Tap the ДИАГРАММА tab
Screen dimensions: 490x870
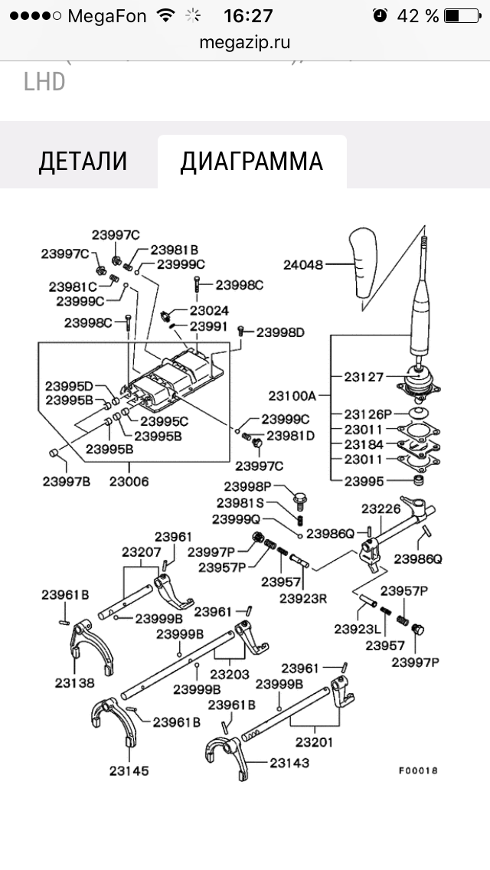(x=251, y=162)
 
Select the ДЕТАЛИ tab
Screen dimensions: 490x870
(x=83, y=162)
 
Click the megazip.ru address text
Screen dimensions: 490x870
(x=245, y=42)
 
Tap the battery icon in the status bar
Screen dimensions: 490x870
(x=462, y=15)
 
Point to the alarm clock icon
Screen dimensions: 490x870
(x=380, y=15)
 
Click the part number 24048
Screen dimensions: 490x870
(x=303, y=265)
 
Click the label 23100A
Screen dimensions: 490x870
(x=292, y=396)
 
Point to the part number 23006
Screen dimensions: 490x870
(x=129, y=482)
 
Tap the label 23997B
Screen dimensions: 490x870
(x=66, y=482)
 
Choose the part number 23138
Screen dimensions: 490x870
(x=74, y=683)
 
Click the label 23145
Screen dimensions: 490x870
(x=129, y=770)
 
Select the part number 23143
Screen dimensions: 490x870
(x=289, y=763)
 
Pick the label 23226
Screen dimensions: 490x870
(x=381, y=509)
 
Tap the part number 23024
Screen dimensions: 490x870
(x=209, y=311)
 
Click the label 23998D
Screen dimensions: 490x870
(x=281, y=332)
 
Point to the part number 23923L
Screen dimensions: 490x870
(x=358, y=629)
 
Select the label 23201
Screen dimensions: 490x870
(x=314, y=742)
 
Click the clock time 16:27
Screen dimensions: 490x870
(x=248, y=15)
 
